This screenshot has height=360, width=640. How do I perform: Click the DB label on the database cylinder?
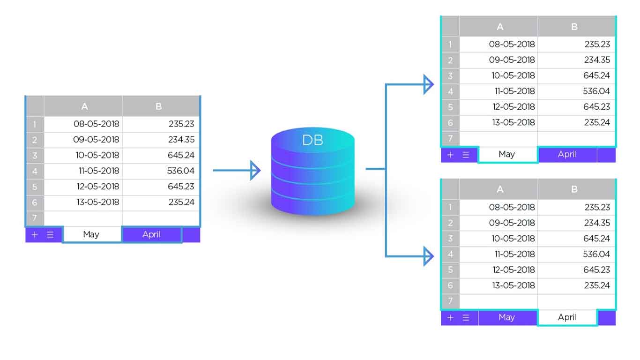[x=313, y=140]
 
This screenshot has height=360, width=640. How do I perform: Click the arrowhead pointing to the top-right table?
[x=428, y=84]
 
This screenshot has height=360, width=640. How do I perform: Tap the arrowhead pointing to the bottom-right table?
[x=428, y=256]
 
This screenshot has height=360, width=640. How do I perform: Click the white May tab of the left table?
[x=91, y=234]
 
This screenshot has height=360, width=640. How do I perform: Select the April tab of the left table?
[x=151, y=234]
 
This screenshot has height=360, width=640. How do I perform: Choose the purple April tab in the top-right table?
[x=567, y=154]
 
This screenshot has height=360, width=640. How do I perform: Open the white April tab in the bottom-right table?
[x=567, y=317]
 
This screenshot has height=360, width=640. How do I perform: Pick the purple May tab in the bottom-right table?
[x=506, y=317]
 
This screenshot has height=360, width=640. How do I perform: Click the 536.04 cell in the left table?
[x=180, y=171]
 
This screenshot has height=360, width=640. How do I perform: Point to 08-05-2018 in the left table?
[x=96, y=124]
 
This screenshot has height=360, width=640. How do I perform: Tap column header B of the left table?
[x=158, y=106]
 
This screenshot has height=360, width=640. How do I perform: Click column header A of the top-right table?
[x=499, y=27]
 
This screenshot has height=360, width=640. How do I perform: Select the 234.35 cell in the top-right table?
[x=597, y=60]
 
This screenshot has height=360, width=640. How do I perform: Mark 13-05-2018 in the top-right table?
[x=513, y=122]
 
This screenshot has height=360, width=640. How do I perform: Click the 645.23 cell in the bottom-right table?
[x=597, y=270]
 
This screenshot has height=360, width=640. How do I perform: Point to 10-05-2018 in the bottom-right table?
[x=513, y=238]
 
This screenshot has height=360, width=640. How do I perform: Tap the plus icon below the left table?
[x=35, y=234]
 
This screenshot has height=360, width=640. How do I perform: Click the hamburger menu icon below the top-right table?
[x=466, y=155]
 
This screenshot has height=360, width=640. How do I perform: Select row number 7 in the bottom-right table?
[x=450, y=301]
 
